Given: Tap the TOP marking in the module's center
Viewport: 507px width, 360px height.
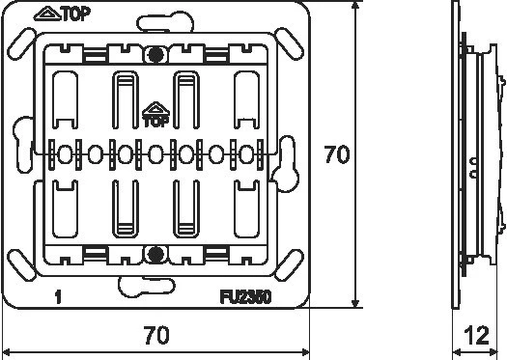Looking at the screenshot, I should (155, 122).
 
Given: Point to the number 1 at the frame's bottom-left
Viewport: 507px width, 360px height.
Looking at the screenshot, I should (60, 298).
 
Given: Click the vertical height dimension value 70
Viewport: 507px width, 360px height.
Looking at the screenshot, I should (336, 154).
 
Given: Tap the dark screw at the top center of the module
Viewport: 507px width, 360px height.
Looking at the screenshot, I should (155, 55).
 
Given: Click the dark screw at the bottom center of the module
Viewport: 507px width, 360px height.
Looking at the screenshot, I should (155, 254).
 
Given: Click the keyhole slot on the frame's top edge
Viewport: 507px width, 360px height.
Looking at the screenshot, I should (155, 18).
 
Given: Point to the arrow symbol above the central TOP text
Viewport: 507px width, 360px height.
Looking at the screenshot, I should (155, 109).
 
